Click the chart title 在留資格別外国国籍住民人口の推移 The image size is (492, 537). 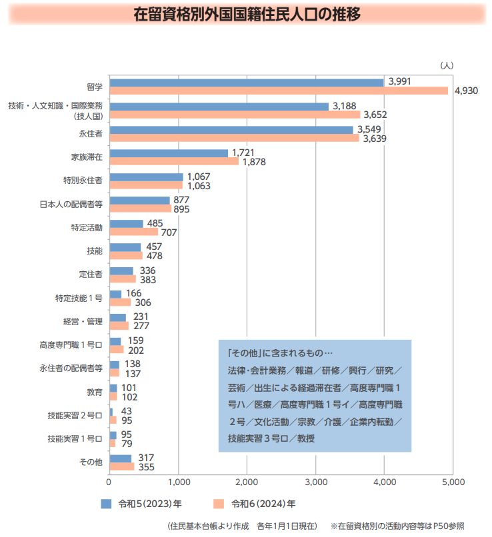tap(247, 15)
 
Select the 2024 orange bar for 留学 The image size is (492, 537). tap(279, 91)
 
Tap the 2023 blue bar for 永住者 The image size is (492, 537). tap(231, 130)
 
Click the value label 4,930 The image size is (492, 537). tap(466, 91)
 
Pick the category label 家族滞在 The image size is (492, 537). tap(87, 157)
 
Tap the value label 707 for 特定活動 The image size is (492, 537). tap(169, 232)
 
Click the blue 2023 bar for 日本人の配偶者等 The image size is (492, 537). tap(139, 200)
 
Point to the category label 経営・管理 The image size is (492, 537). tap(83, 321)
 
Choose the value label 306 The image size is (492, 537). tap(143, 302)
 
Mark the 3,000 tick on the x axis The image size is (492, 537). tap(315, 481)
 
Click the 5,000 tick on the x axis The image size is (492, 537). tap(452, 481)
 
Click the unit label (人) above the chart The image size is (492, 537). tap(446, 65)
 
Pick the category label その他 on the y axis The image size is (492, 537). tap(91, 462)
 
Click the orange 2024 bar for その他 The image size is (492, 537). tap(122, 466)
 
